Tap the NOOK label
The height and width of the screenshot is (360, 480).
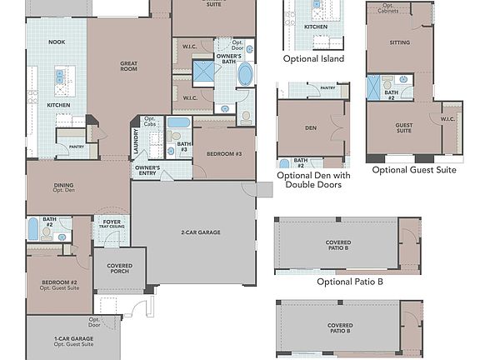[x=56, y=41]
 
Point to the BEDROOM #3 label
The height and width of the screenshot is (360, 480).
[x=224, y=155]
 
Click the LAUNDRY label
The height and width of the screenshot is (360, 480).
[x=135, y=142]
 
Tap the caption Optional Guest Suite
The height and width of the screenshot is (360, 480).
[x=413, y=170]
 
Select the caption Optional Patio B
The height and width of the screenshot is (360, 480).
[x=350, y=282]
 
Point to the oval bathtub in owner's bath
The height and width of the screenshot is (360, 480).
[x=245, y=75]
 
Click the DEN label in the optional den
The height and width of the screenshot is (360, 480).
[x=310, y=128]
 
